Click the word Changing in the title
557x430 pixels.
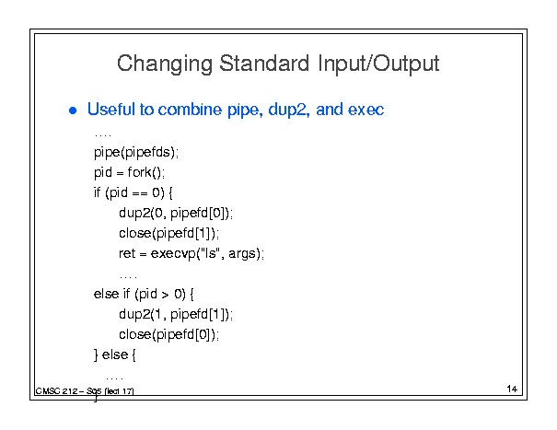(x=165, y=64)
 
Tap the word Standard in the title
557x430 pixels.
(x=264, y=64)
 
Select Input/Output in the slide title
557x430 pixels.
(x=378, y=64)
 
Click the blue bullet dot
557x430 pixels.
(x=73, y=110)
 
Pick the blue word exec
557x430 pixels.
(x=366, y=110)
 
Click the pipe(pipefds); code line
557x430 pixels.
(x=136, y=153)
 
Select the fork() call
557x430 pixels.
(x=146, y=172)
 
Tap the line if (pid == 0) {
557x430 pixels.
(x=133, y=193)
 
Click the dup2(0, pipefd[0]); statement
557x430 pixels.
(x=176, y=214)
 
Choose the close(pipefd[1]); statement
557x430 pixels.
(x=169, y=234)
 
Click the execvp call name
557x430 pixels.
(x=173, y=254)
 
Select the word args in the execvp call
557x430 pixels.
(x=242, y=255)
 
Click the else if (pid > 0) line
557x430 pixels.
(x=144, y=295)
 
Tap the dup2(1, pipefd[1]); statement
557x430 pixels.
(x=176, y=315)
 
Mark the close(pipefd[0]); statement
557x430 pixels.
(x=169, y=335)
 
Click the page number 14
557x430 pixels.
(x=512, y=389)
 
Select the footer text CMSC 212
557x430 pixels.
(x=57, y=391)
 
